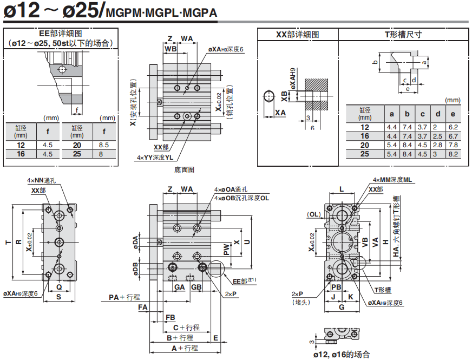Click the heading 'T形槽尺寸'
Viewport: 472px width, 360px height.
tap(403, 35)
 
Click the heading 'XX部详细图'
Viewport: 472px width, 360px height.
tap(297, 35)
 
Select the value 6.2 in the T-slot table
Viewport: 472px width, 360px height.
tap(453, 127)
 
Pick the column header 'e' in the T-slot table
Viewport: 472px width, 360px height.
tap(453, 114)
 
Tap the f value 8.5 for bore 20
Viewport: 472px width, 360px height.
tap(103, 145)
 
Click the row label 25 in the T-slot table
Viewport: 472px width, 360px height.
tap(364, 154)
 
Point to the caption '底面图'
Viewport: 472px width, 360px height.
tap(184, 170)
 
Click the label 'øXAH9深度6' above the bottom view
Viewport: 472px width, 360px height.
tap(226, 49)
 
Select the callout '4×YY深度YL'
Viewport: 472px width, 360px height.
tap(155, 158)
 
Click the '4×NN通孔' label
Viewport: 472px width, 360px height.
tap(41, 181)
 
